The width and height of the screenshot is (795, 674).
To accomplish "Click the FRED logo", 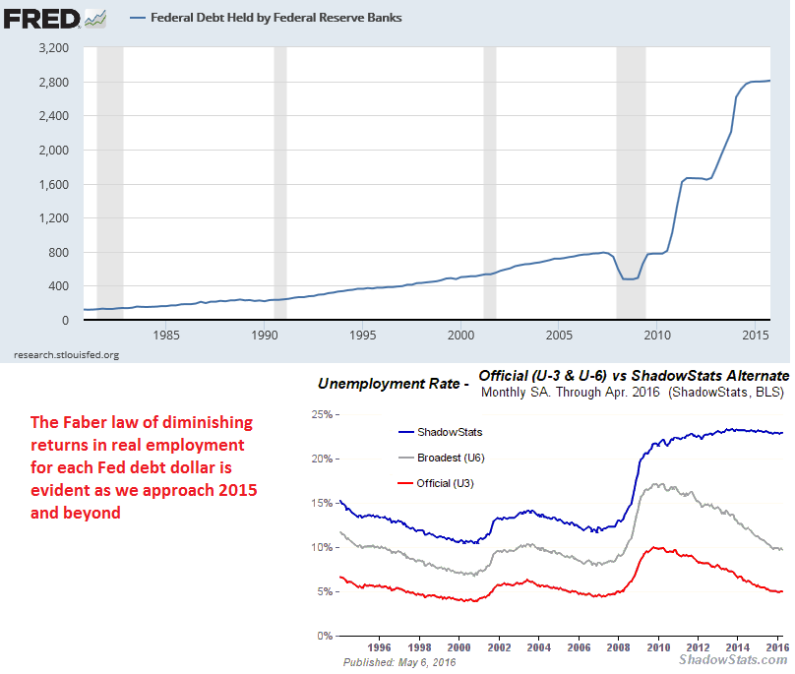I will pyautogui.click(x=40, y=17).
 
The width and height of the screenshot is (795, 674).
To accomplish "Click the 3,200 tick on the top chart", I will pyautogui.click(x=52, y=47).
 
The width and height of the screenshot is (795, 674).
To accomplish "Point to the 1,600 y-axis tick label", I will pyautogui.click(x=52, y=184).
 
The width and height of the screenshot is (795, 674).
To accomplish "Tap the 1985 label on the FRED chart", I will pyautogui.click(x=166, y=335).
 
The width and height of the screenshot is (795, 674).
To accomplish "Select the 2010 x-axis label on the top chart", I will pyautogui.click(x=656, y=335).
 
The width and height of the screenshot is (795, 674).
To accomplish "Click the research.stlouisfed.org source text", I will pyautogui.click(x=66, y=354).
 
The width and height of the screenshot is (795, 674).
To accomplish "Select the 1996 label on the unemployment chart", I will pyautogui.click(x=380, y=647).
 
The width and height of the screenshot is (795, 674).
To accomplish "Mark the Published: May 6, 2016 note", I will pyautogui.click(x=398, y=661).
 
